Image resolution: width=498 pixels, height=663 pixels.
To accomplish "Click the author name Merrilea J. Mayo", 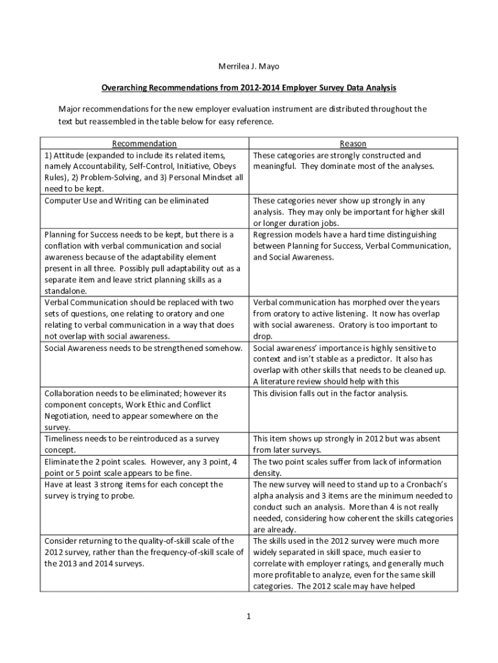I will coord(248,67).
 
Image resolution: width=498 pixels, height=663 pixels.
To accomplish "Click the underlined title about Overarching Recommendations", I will coord(248,87).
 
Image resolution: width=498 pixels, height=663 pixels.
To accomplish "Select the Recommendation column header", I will coord(144,143).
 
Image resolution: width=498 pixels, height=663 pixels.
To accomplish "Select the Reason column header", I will coord(353,143).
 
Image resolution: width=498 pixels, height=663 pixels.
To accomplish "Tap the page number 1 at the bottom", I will coord(248,616).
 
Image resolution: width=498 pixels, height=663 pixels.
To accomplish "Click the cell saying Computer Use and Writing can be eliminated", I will coord(127,201).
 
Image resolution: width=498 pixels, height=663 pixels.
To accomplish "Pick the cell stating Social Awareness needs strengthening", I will coord(144,348).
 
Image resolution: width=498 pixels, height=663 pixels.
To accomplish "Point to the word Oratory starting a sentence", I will coord(391,325).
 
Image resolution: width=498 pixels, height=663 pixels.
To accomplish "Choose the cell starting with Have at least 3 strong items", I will coord(133,489).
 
